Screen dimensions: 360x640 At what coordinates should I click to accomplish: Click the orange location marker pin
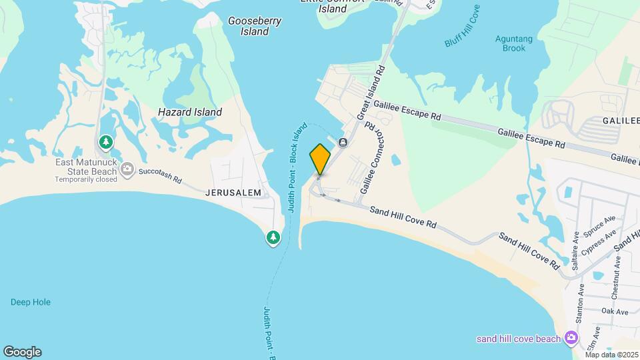[x=320, y=159]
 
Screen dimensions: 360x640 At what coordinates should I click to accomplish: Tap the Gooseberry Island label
[x=255, y=26]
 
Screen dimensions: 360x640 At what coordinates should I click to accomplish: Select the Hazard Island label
[x=190, y=112]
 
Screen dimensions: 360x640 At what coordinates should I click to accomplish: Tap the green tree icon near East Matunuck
[x=105, y=142]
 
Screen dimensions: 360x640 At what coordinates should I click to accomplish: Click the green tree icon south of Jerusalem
[x=273, y=237]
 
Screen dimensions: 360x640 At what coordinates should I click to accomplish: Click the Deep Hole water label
[x=31, y=302]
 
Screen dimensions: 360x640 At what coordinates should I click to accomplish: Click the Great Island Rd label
[x=371, y=93]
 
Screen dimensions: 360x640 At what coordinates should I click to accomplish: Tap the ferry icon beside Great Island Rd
[x=343, y=142]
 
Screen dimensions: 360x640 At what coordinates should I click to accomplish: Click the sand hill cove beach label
[x=518, y=339]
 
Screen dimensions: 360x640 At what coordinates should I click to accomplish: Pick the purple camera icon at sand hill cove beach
[x=571, y=338]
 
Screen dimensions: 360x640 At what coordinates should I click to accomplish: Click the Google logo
[x=22, y=351]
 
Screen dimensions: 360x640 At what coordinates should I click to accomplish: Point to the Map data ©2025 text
[x=611, y=355]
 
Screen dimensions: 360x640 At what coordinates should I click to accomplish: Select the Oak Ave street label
[x=615, y=311]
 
